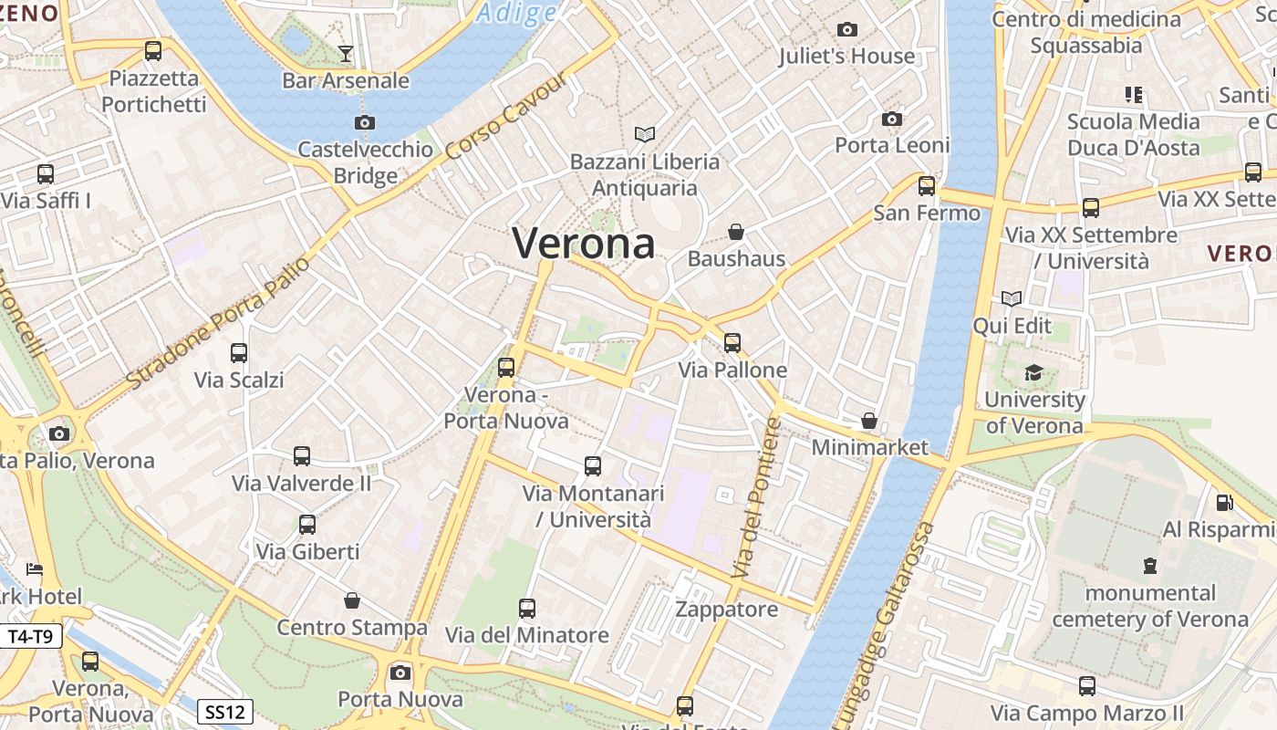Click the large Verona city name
[584, 244]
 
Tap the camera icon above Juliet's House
[847, 29]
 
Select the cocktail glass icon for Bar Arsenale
[345, 54]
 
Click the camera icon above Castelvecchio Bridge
[365, 122]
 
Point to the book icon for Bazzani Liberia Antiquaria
[645, 135]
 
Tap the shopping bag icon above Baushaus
[736, 232]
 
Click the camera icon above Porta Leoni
[892, 119]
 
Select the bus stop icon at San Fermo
[927, 186]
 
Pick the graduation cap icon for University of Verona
[1033, 372]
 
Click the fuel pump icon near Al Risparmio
[1225, 502]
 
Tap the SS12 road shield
[225, 711]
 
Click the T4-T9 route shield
[32, 636]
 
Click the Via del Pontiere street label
[756, 497]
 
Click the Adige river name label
[516, 13]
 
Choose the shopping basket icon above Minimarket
[869, 421]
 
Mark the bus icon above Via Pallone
[732, 343]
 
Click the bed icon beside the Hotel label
[34, 569]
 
